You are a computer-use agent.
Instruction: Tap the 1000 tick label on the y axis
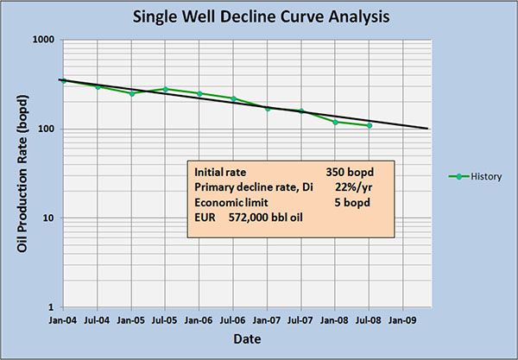pos(43,41)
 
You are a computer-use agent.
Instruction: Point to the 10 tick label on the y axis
pos(48,218)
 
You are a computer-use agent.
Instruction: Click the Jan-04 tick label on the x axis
pos(64,319)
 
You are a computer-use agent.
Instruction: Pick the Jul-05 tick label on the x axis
pos(166,319)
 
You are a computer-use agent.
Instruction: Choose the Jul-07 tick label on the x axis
pos(301,319)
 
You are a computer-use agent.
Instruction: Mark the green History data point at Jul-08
pos(370,125)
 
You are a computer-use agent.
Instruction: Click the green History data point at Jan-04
pos(64,80)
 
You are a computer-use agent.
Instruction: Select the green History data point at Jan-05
pos(132,93)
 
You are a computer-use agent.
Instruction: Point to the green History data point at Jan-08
pos(336,122)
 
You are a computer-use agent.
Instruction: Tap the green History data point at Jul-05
pos(166,89)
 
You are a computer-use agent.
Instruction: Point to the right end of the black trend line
pos(429,129)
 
